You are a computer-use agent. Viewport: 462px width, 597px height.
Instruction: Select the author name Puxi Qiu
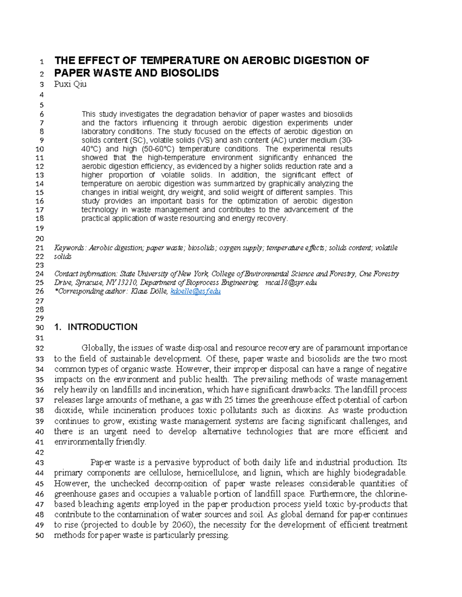tap(70, 84)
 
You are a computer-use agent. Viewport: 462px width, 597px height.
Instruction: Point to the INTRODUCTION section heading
tap(102, 327)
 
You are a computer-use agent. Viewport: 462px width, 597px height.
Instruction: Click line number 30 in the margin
tap(40, 328)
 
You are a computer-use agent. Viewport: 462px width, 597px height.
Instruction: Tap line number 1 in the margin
tap(42, 62)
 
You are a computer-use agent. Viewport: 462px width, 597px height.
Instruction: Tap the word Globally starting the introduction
tap(98, 348)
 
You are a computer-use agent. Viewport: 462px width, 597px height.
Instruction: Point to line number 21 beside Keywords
tap(40, 248)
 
